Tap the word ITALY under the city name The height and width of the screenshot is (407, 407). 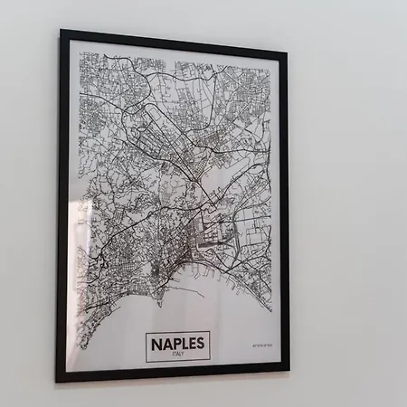[178, 355]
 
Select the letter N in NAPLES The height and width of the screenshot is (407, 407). [156, 343]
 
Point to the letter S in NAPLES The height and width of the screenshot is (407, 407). [201, 343]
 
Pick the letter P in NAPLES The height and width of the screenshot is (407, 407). [175, 343]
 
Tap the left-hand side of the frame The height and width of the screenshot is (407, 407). [61, 208]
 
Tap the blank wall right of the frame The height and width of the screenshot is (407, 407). [348, 208]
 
